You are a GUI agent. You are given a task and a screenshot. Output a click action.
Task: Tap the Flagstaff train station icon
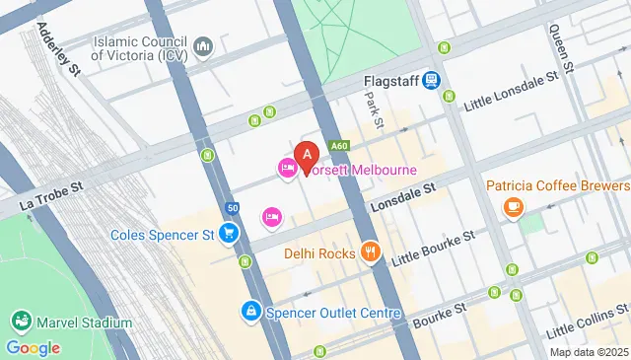pos(431,82)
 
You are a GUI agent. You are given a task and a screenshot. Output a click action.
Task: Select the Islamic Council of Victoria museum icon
pos(203,47)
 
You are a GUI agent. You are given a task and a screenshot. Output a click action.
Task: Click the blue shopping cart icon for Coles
pos(229,234)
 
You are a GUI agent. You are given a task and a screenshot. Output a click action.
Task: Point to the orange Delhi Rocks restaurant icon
pos(370,252)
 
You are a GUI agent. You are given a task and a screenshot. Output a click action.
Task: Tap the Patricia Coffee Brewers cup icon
pos(513,206)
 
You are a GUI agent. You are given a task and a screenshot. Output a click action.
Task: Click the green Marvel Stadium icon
pos(20,323)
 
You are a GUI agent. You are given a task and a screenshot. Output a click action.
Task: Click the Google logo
pos(33,347)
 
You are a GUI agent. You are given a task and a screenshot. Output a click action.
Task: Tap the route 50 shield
pos(231,207)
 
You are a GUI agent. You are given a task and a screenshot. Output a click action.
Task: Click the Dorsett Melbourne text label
pos(361,170)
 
